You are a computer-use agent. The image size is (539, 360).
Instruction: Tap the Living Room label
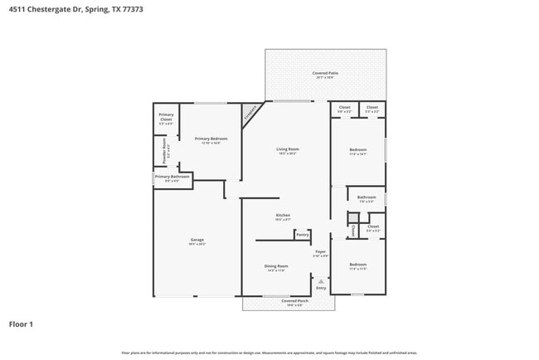tap(287, 150)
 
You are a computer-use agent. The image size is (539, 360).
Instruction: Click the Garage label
tap(197, 241)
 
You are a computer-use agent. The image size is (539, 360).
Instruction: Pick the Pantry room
tap(302, 235)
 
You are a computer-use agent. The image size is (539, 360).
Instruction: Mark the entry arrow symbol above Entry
tap(321, 281)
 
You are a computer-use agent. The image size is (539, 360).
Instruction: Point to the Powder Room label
tap(165, 151)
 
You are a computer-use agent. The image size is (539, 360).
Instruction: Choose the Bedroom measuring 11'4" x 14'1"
tap(357, 150)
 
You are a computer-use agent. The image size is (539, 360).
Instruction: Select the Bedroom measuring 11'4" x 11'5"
tap(357, 266)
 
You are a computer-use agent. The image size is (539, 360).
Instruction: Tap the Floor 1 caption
tap(22, 324)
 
